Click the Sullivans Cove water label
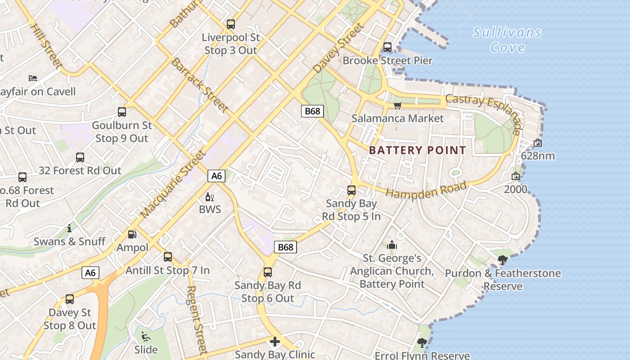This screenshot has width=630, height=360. point(507,40)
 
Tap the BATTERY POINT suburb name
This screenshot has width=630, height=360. point(417,150)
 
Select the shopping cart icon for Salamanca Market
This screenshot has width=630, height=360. point(397,105)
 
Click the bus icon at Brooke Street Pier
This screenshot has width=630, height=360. point(387,47)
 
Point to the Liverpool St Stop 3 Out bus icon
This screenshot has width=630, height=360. point(231,24)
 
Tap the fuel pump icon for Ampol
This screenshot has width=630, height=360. point(132,234)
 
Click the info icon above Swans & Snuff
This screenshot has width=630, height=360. point(69,228)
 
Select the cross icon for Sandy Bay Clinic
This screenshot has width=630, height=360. point(275,342)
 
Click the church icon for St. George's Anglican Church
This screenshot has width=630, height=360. point(392,245)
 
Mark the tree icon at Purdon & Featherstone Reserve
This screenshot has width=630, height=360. point(503,260)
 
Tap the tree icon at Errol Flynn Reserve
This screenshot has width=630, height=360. point(422,343)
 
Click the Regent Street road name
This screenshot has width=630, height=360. point(197,319)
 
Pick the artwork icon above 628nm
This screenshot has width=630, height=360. point(538,143)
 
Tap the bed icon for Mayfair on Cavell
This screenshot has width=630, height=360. point(33,78)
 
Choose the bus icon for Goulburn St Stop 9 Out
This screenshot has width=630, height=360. point(122,112)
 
